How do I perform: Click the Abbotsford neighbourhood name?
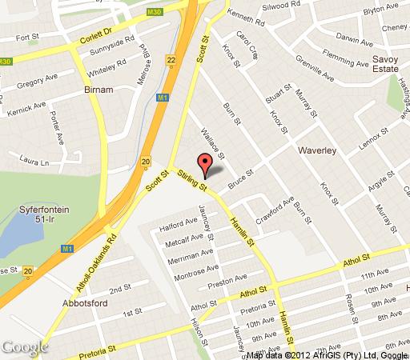pyautogui.click(x=84, y=304)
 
